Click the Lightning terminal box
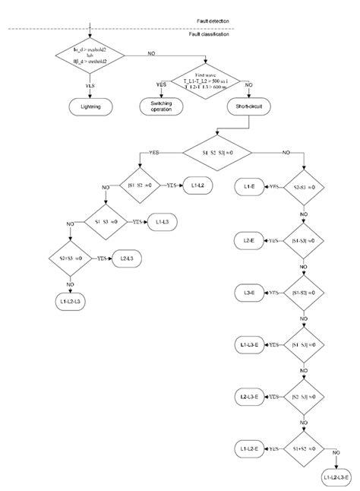click(x=90, y=108)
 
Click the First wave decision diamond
click(x=205, y=80)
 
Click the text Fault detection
click(x=211, y=20)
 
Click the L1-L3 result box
click(x=163, y=222)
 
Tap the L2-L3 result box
click(x=127, y=259)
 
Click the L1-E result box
click(x=249, y=185)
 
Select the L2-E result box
click(x=249, y=241)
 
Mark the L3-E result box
click(x=249, y=293)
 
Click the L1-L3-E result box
click(x=249, y=345)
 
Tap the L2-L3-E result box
click(x=249, y=397)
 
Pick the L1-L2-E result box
click(x=249, y=448)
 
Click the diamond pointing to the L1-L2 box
click(x=139, y=185)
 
